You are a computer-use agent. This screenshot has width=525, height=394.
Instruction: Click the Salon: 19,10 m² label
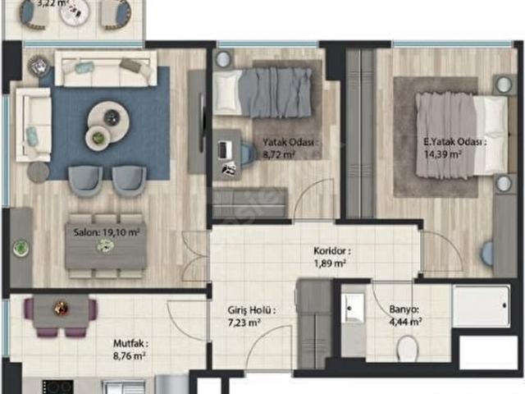point(106,232)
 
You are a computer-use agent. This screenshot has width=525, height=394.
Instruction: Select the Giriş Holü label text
point(252,310)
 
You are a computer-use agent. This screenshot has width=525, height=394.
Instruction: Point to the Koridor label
point(331,250)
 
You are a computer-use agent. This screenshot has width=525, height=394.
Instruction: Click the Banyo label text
point(404,309)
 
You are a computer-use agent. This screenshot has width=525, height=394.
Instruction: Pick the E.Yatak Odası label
point(455,142)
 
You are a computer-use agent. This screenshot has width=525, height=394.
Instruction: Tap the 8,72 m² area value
point(279,155)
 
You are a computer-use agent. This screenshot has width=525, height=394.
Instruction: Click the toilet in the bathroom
point(408,348)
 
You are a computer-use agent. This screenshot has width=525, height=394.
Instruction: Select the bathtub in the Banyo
point(482,306)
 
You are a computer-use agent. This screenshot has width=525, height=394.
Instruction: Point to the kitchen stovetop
point(57,387)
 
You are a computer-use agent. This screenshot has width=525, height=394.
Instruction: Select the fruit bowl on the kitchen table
point(62,307)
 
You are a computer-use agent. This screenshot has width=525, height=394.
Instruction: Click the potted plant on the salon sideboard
point(21,249)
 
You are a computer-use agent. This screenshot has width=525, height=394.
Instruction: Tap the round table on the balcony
point(75,12)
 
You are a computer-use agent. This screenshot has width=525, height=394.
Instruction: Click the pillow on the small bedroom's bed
point(227,92)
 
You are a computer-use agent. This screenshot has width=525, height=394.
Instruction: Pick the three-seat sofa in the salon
point(106,69)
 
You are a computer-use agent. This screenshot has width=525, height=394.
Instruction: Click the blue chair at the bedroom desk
point(248,153)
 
